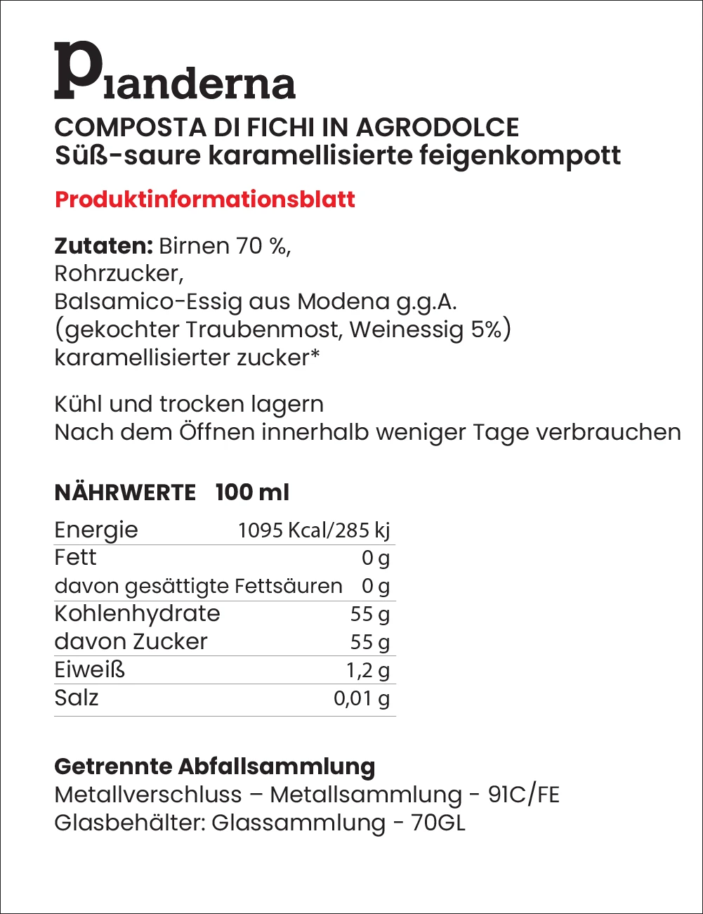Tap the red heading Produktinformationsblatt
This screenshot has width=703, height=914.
205,200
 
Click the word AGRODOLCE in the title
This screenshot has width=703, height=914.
438,127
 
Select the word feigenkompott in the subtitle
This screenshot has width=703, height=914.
520,155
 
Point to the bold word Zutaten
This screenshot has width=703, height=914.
103,246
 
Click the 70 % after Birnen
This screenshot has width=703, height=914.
263,246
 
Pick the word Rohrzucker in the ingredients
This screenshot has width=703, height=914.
119,273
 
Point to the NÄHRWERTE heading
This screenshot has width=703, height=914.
125,492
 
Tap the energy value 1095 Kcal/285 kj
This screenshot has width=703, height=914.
314,530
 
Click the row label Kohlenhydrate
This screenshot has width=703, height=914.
138,613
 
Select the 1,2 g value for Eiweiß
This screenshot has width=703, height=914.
367,670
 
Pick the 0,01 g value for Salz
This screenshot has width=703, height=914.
361,698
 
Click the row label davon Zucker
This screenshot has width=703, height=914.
131,641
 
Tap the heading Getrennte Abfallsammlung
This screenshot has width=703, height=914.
215,766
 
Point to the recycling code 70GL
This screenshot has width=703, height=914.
438,823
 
